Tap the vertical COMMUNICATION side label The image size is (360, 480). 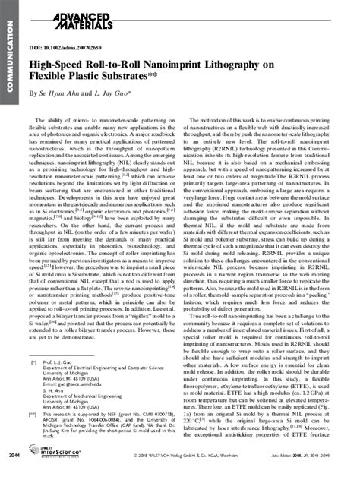point(8,57)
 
